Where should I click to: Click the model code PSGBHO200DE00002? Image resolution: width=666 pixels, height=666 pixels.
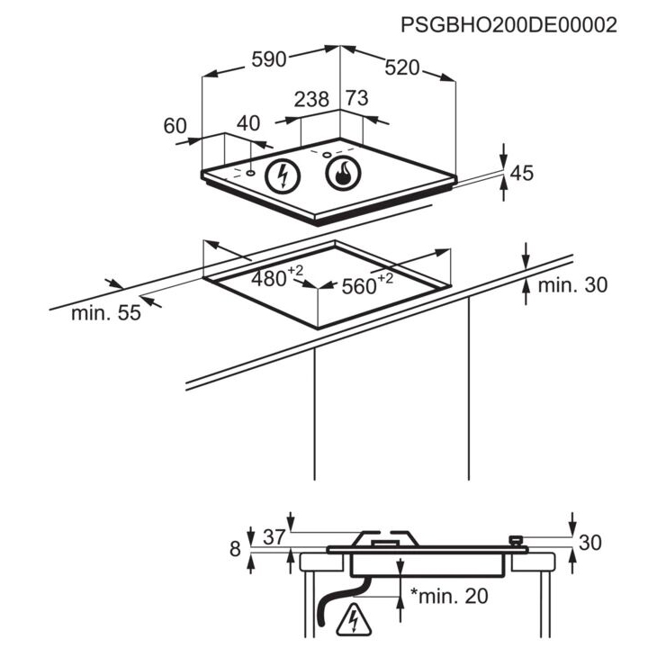pyautogui.click(x=508, y=25)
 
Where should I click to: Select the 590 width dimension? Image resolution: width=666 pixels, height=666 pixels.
pyautogui.click(x=269, y=59)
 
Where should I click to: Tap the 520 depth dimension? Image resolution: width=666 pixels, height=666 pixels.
pyautogui.click(x=402, y=67)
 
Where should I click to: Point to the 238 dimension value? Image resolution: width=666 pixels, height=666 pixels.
pyautogui.click(x=311, y=99)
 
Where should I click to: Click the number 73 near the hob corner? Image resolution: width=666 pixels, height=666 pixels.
pyautogui.click(x=356, y=98)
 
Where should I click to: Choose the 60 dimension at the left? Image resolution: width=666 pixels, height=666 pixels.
pyautogui.click(x=175, y=126)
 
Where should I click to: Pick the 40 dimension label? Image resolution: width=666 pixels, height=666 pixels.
pyautogui.click(x=248, y=123)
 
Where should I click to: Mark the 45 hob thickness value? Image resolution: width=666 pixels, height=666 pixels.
pyautogui.click(x=522, y=173)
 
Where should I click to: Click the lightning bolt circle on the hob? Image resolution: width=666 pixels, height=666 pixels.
pyautogui.click(x=283, y=176)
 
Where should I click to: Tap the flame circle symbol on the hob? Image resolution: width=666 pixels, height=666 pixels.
pyautogui.click(x=343, y=174)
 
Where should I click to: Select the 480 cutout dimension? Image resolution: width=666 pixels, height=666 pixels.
pyautogui.click(x=277, y=277)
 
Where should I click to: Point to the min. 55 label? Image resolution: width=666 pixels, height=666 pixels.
pyautogui.click(x=106, y=313)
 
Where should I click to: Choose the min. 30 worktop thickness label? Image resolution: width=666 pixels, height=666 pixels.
pyautogui.click(x=572, y=285)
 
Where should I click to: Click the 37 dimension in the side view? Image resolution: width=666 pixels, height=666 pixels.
pyautogui.click(x=274, y=537)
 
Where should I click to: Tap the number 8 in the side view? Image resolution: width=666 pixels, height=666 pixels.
pyautogui.click(x=235, y=549)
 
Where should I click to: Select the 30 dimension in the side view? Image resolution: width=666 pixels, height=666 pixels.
pyautogui.click(x=590, y=543)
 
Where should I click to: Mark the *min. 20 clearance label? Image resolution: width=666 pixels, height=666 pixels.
pyautogui.click(x=449, y=597)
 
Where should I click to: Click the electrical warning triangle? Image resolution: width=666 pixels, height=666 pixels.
pyautogui.click(x=354, y=621)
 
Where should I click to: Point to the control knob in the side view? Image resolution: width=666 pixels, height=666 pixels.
pyautogui.click(x=516, y=541)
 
